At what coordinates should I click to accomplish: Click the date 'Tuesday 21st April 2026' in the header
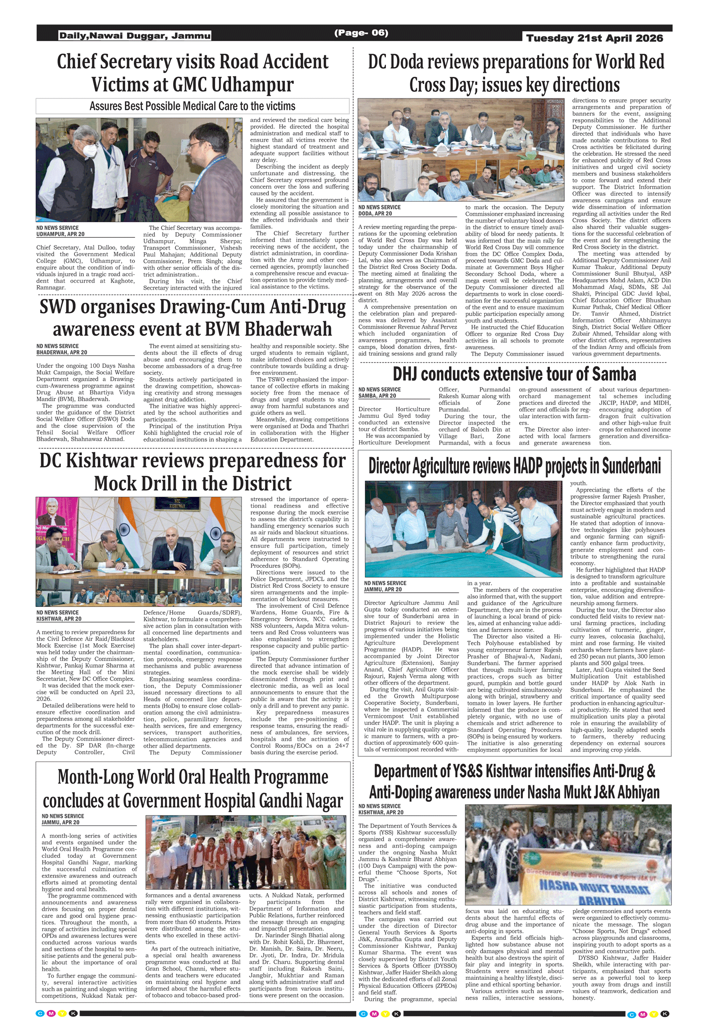click(x=594, y=38)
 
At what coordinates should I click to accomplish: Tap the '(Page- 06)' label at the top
click(x=361, y=32)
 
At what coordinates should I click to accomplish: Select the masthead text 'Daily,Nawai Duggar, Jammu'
click(x=135, y=36)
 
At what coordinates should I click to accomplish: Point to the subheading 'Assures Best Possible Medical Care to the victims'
click(x=193, y=106)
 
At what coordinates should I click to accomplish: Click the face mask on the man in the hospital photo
click(x=89, y=150)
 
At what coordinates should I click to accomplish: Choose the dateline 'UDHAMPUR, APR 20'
click(x=61, y=234)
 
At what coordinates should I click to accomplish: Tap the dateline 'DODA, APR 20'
click(x=375, y=214)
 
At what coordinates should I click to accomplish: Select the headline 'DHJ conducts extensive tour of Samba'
click(x=514, y=374)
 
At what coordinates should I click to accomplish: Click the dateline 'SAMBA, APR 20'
click(x=377, y=396)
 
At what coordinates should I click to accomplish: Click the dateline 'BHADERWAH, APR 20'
click(x=62, y=353)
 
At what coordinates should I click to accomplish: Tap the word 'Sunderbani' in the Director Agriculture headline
click(x=631, y=466)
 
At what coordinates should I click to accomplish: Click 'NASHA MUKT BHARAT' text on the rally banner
click(x=594, y=888)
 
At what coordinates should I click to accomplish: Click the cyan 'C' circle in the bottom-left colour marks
click(x=40, y=1014)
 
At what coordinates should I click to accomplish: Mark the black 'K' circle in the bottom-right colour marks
click(x=665, y=1014)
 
